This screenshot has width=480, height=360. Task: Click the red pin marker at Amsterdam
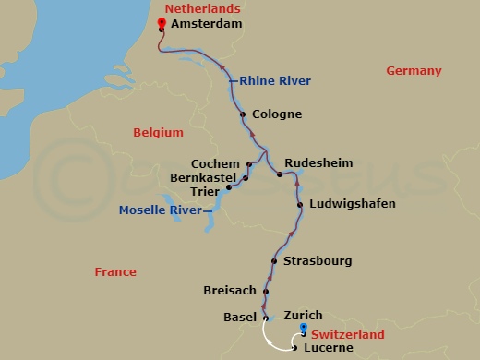[x=161, y=23]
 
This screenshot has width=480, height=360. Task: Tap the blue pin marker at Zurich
[x=304, y=330]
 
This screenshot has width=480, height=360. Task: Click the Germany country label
[x=414, y=71]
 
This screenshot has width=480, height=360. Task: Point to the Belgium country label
[x=158, y=133]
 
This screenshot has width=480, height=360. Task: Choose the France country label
[x=115, y=272]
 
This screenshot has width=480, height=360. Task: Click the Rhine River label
[x=274, y=81]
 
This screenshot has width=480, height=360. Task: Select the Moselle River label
[x=160, y=210]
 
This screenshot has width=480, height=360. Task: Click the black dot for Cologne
[x=243, y=115]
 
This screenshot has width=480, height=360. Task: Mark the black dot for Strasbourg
[x=275, y=261]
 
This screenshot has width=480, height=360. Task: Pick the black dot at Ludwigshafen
[x=300, y=204]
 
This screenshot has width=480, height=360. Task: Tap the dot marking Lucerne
[x=294, y=348]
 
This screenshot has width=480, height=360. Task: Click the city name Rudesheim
[x=318, y=162]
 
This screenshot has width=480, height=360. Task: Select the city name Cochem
[x=214, y=163]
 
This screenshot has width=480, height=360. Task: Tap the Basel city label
[x=240, y=318]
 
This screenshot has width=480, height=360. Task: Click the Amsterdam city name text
[x=207, y=25]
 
